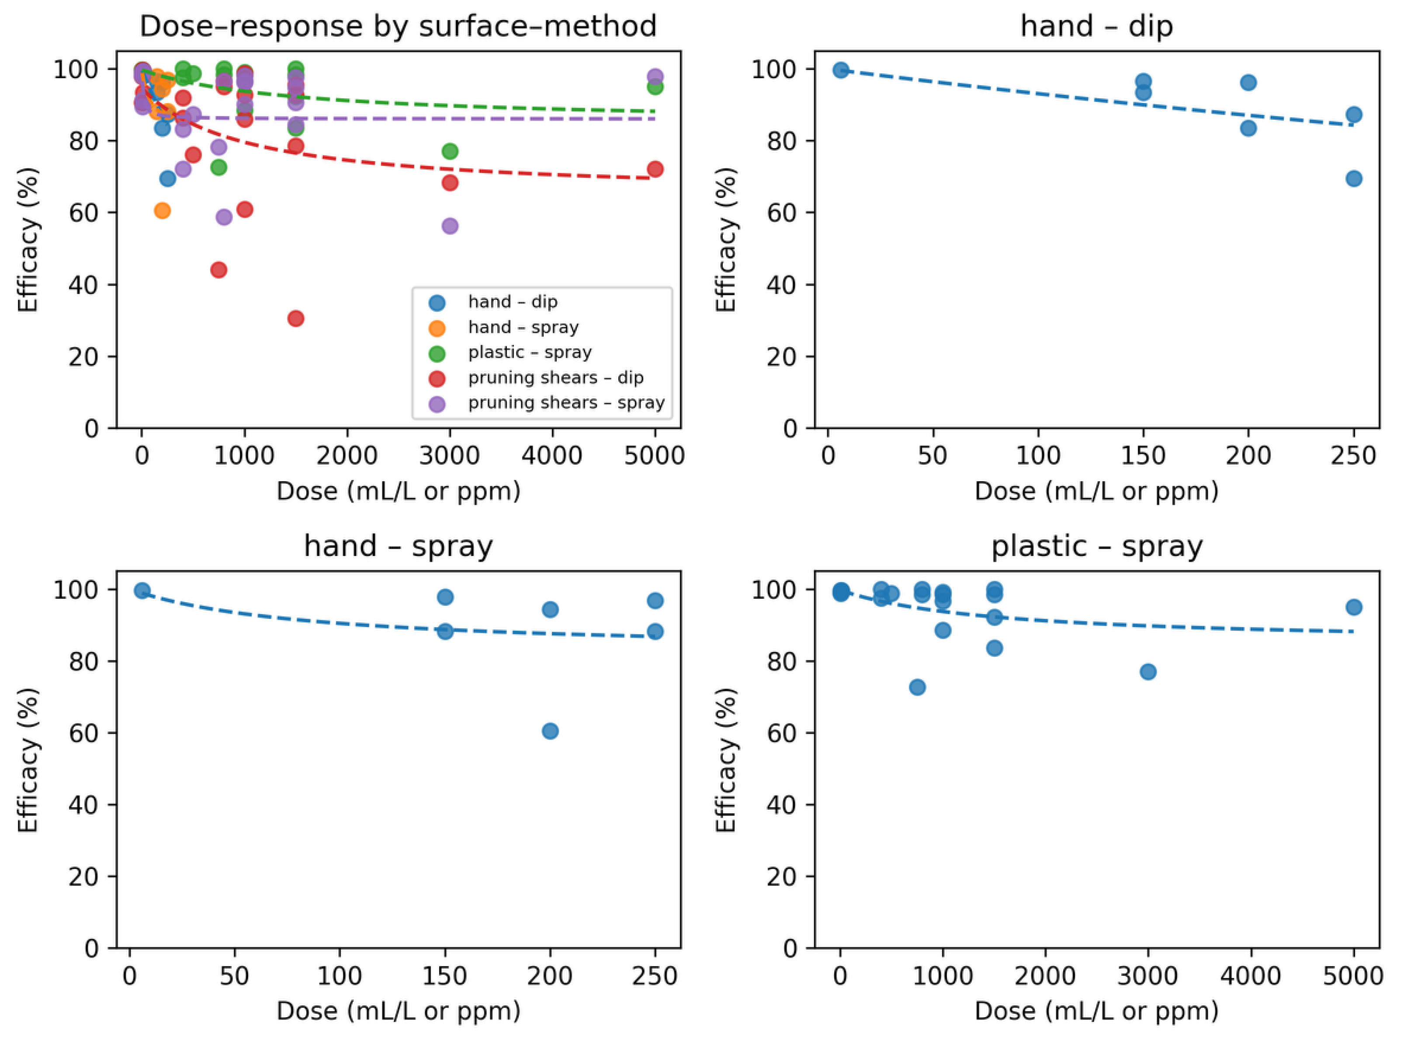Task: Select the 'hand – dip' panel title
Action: (x=1096, y=26)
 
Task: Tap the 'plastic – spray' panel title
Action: (x=1096, y=546)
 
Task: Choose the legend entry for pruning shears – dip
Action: (x=555, y=377)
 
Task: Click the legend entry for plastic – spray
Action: (x=529, y=352)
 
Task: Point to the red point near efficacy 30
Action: (x=296, y=318)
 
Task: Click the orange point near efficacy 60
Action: (x=163, y=211)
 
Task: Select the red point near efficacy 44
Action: (x=218, y=270)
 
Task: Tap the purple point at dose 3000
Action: (x=450, y=226)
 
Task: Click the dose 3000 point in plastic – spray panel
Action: (x=1148, y=672)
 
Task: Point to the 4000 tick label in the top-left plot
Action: (x=552, y=456)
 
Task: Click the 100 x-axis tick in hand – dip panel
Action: (x=1038, y=456)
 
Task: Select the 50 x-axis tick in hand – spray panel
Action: (x=234, y=976)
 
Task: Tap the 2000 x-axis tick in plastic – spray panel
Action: (x=1045, y=976)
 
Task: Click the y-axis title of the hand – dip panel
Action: (x=726, y=240)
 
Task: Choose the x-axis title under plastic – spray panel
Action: (x=1096, y=1011)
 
